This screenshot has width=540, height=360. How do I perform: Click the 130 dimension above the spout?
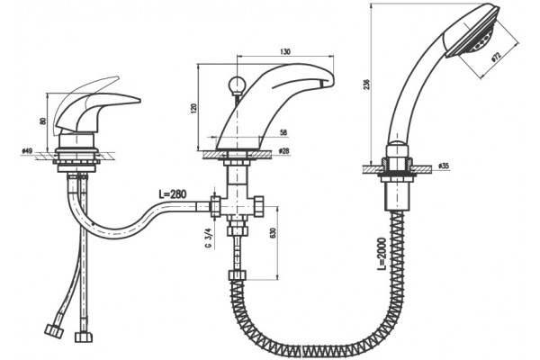click(x=285, y=51)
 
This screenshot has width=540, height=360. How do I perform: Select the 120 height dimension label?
click(x=193, y=108)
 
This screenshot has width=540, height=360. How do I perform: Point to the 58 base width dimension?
click(x=283, y=132)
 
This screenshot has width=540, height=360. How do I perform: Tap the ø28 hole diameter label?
click(x=283, y=151)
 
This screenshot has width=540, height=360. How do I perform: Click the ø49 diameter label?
click(x=27, y=151)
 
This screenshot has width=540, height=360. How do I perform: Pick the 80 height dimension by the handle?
click(x=43, y=121)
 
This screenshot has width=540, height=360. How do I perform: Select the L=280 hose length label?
click(x=173, y=194)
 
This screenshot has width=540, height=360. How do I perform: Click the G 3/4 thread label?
click(x=208, y=238)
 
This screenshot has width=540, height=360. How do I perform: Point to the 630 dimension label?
click(x=274, y=233)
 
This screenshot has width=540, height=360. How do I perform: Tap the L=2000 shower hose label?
click(x=382, y=253)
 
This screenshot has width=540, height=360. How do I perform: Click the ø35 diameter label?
click(x=444, y=166)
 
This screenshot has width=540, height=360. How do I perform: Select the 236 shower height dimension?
click(x=366, y=85)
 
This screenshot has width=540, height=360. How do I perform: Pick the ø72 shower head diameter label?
click(x=496, y=58)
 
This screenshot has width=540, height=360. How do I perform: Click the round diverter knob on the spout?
click(x=237, y=84)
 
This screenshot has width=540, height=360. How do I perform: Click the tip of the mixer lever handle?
click(x=139, y=101)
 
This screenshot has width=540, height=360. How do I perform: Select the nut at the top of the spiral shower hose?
click(x=238, y=275)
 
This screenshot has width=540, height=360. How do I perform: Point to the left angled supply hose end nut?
click(x=54, y=330)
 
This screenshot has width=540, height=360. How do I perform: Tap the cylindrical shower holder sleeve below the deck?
click(x=398, y=196)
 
